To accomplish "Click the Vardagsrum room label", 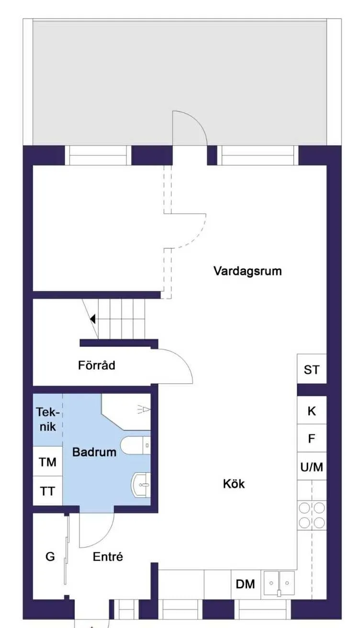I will pyautogui.click(x=247, y=271).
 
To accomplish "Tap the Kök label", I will pyautogui.click(x=234, y=484).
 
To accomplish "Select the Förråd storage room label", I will pyautogui.click(x=97, y=365).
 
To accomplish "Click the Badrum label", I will pyautogui.click(x=94, y=452).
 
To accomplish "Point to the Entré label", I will pyautogui.click(x=108, y=557).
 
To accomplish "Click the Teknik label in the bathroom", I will pyautogui.click(x=47, y=419).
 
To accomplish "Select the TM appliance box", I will pyautogui.click(x=47, y=462).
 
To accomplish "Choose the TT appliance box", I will pyautogui.click(x=47, y=491).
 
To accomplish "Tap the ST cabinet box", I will pyautogui.click(x=312, y=369).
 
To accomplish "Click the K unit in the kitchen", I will pyautogui.click(x=312, y=411).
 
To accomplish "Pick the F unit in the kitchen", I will pyautogui.click(x=312, y=438).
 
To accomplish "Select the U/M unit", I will pyautogui.click(x=312, y=467).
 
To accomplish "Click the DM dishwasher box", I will pyautogui.click(x=246, y=584).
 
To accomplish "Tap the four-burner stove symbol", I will pyautogui.click(x=312, y=515).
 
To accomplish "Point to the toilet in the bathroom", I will pyautogui.click(x=135, y=445).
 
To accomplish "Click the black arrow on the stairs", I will pyautogui.click(x=92, y=319).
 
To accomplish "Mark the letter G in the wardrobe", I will pyautogui.click(x=50, y=557).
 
